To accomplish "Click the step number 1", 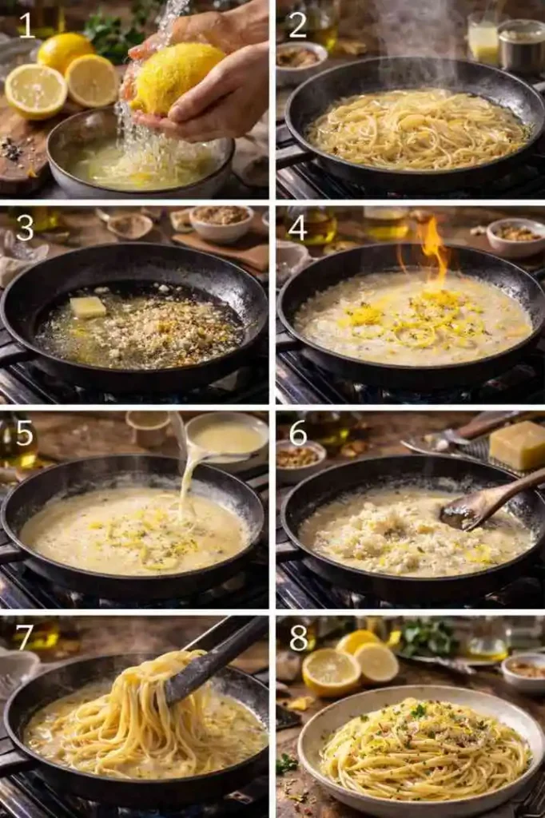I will click(27, 26).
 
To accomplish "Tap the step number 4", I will click(297, 228).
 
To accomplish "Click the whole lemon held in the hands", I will click(178, 77).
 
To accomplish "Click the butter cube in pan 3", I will click(87, 307).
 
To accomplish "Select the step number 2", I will click(297, 26).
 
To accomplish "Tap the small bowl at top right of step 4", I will click(515, 236).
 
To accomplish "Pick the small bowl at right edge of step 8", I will click(524, 671).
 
